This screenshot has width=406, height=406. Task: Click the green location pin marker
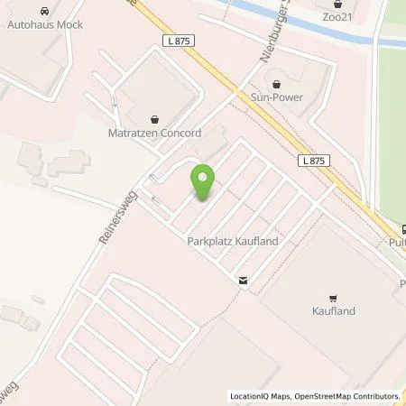pyautogui.click(x=203, y=183)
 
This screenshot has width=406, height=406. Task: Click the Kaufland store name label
pyautogui.click(x=333, y=310)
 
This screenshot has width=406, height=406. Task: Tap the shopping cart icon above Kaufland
pyautogui.click(x=333, y=297)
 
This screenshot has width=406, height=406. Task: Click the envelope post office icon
pyautogui.click(x=243, y=280)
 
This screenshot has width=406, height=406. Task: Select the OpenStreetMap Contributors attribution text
pyautogui.click(x=344, y=396)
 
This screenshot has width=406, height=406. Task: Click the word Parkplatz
pyautogui.click(x=207, y=243)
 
